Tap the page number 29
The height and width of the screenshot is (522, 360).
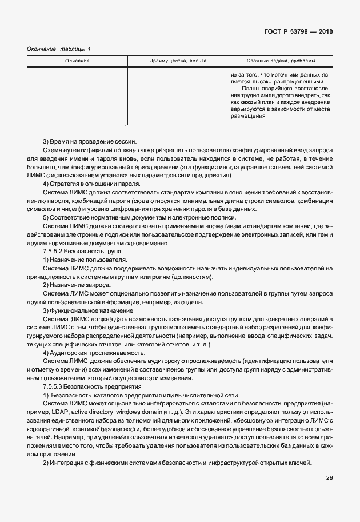click(x=329, y=477)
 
